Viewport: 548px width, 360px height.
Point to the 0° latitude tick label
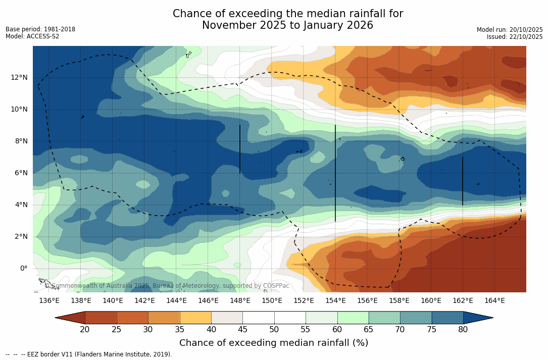coord(24,268)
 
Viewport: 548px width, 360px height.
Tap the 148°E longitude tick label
coord(240,301)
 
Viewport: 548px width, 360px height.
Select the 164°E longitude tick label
coord(494,301)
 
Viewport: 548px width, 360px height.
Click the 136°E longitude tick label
coord(49,301)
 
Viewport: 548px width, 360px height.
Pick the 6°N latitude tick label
coord(20,173)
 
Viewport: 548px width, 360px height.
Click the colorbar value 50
coord(274,330)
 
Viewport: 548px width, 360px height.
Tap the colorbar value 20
coord(85,330)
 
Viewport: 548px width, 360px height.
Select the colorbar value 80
coord(463,330)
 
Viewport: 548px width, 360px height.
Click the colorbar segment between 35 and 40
coord(195,318)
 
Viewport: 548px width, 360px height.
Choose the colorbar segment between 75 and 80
coord(447,318)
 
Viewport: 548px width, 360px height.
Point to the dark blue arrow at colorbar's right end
coord(477,318)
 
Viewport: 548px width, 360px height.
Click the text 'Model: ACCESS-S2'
coord(32,36)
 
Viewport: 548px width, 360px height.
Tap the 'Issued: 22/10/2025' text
coord(515,37)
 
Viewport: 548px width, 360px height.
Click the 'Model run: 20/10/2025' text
coord(510,30)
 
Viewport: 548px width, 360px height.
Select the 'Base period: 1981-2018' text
coord(40,29)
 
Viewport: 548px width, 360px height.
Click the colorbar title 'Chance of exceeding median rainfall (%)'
coord(274,343)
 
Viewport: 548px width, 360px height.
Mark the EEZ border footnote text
coord(88,354)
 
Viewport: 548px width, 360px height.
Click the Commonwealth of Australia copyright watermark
coord(167,286)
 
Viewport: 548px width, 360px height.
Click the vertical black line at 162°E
coord(463,181)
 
